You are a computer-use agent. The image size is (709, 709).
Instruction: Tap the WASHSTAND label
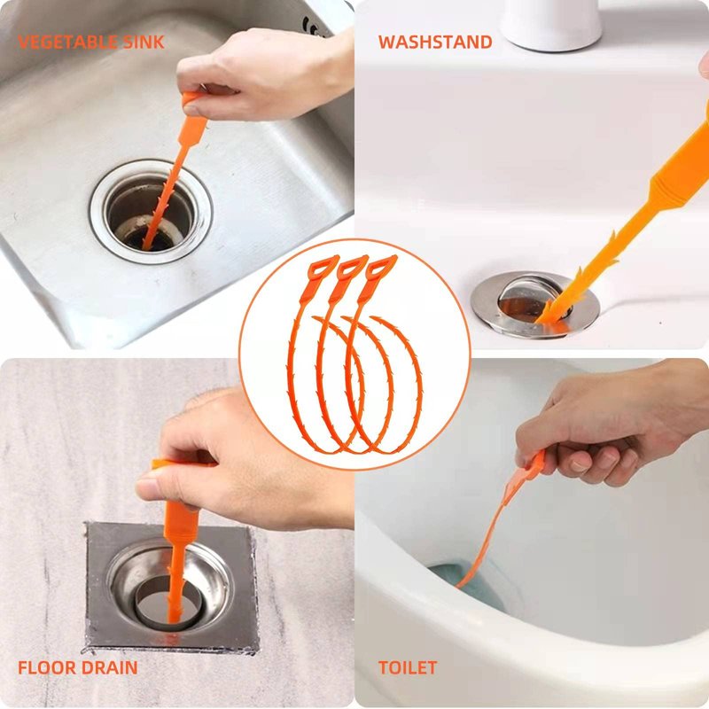[435, 42]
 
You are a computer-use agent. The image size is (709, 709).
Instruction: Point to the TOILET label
[408, 667]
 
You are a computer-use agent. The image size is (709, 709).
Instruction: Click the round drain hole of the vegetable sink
[151, 211]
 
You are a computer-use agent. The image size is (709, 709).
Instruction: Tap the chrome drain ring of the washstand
[534, 304]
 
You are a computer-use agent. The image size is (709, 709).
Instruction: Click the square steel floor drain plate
[171, 587]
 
